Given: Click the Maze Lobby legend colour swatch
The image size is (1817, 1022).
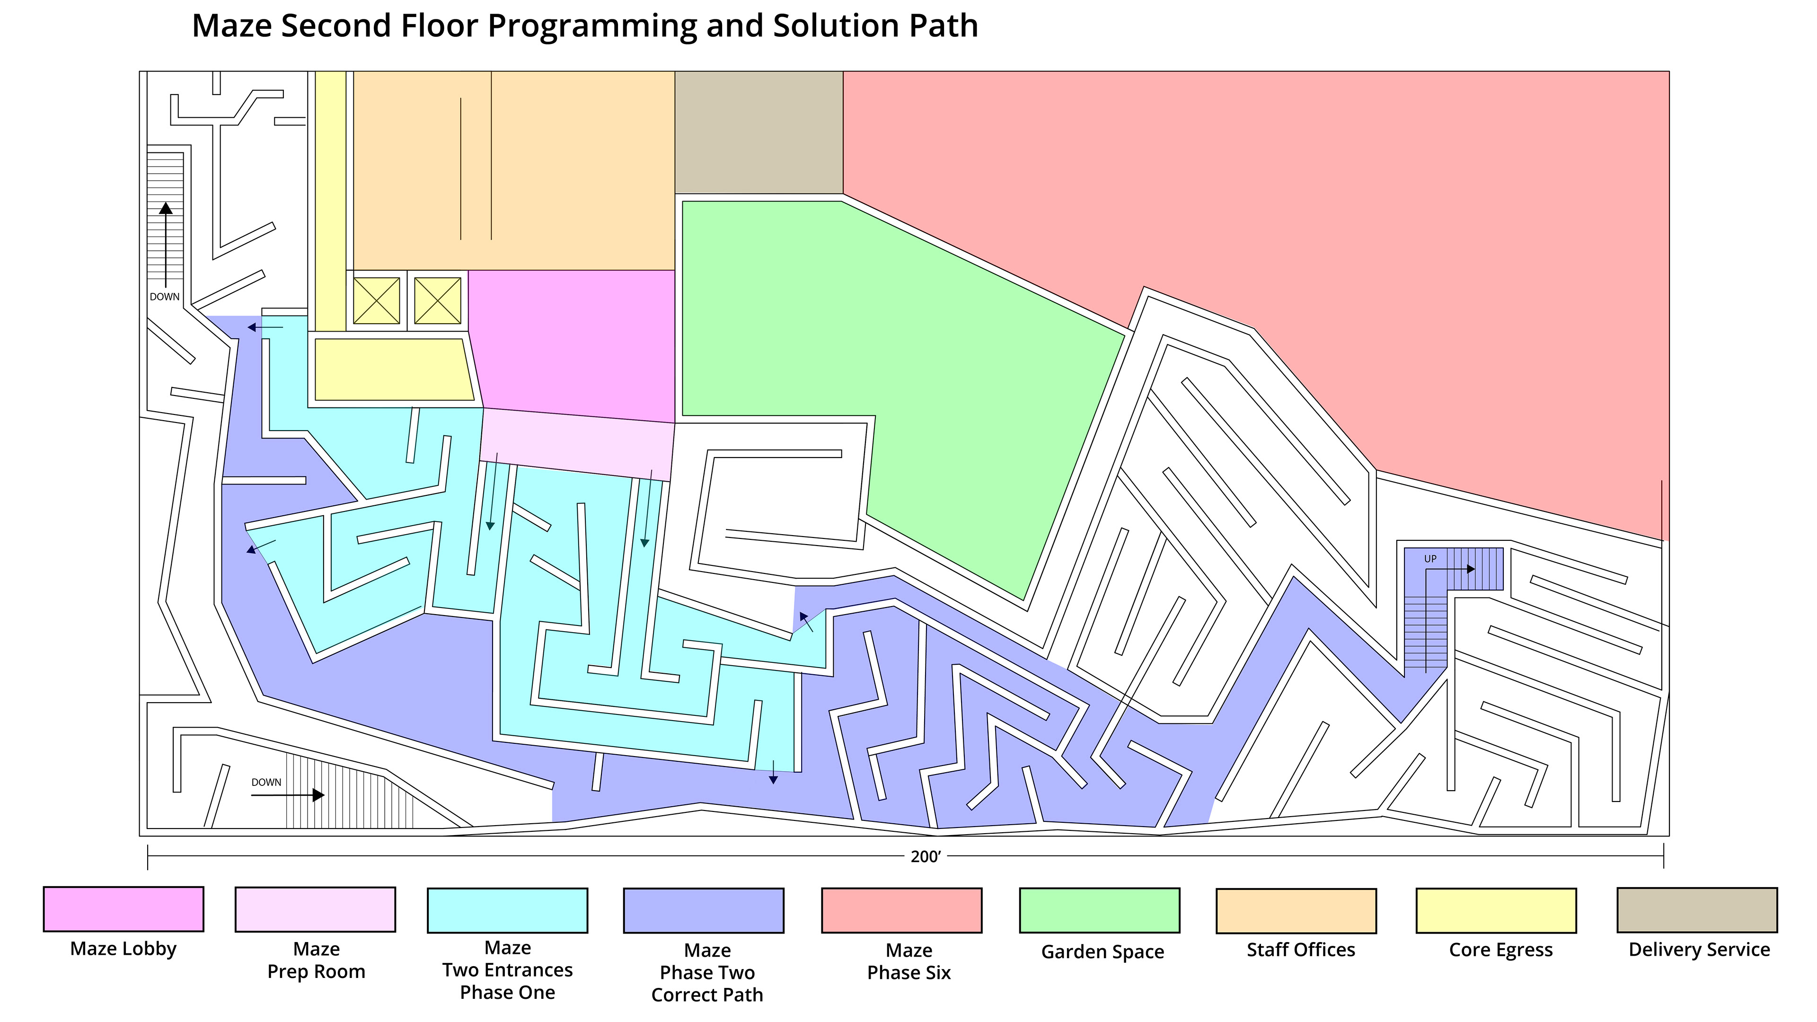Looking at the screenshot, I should click(x=123, y=909).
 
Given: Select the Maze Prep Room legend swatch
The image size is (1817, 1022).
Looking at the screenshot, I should click(x=315, y=909).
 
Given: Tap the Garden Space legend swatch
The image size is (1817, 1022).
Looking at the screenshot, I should click(x=1100, y=910).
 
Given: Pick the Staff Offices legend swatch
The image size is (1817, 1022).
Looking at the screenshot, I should click(x=1297, y=910).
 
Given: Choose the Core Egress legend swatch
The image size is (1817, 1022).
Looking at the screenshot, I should click(x=1496, y=910).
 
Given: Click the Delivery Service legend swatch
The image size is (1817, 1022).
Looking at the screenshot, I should click(x=1697, y=910).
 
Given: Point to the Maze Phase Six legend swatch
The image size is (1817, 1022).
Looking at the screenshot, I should click(x=901, y=910).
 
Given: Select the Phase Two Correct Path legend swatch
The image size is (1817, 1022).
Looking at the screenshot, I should click(x=703, y=910).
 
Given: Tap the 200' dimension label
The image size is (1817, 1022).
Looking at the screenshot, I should click(x=926, y=856).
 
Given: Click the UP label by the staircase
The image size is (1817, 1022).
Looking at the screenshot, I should click(x=1430, y=559).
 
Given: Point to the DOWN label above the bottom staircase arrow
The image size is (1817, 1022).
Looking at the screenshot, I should click(x=266, y=782).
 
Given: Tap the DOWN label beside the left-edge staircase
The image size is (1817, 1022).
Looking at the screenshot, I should click(x=164, y=297).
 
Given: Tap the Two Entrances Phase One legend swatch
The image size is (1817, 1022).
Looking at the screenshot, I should click(x=507, y=910).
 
